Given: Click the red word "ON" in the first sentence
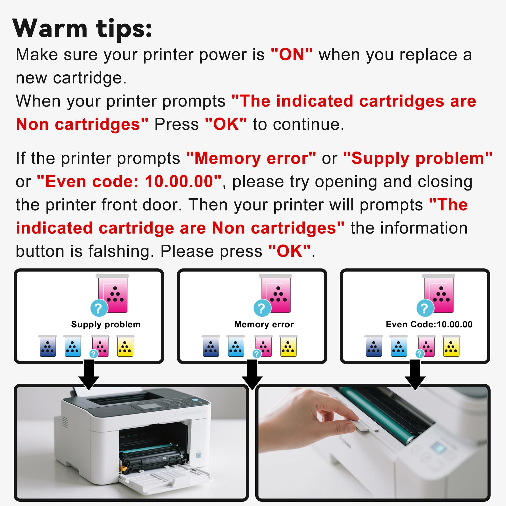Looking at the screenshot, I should pyautogui.click(x=291, y=55).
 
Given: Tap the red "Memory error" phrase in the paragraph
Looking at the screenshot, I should pyautogui.click(x=251, y=158).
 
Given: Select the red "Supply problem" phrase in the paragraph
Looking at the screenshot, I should pyautogui.click(x=418, y=158).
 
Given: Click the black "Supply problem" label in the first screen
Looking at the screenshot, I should pyautogui.click(x=106, y=325).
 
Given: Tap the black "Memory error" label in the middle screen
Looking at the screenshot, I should pyautogui.click(x=264, y=325).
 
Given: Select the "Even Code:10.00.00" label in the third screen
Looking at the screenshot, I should pyautogui.click(x=429, y=325).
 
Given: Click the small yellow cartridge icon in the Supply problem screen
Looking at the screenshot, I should pyautogui.click(x=125, y=347).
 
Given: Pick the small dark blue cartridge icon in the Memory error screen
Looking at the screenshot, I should pyautogui.click(x=211, y=347).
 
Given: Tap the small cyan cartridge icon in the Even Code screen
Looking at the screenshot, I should pyautogui.click(x=399, y=347).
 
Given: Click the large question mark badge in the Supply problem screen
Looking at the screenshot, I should pyautogui.click(x=99, y=308).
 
